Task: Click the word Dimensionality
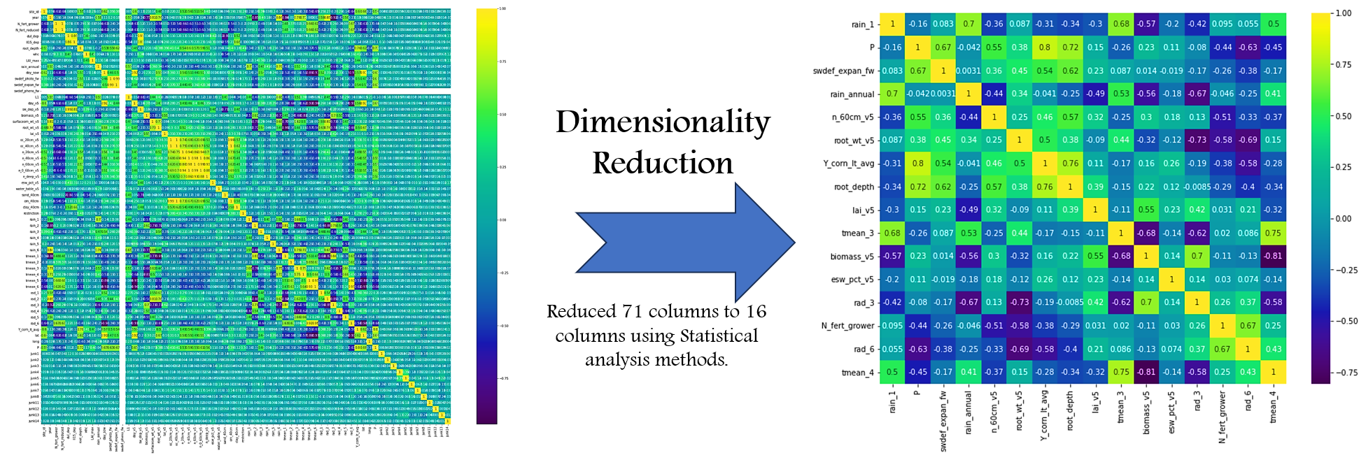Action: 662,122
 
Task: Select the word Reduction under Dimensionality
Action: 662,163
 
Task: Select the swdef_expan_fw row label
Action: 843,71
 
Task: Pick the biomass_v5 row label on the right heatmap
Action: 852,257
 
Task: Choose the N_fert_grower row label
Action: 847,326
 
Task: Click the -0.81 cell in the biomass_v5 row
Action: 1273,256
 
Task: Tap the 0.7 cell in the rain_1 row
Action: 969,24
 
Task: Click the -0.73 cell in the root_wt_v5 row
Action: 1197,140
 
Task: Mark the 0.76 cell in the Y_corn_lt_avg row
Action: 1070,164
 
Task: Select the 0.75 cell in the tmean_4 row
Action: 1121,372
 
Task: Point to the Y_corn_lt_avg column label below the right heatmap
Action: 1044,415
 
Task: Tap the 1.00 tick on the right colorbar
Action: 1343,13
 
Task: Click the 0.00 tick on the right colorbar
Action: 1343,219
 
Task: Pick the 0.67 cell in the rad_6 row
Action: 1222,349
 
